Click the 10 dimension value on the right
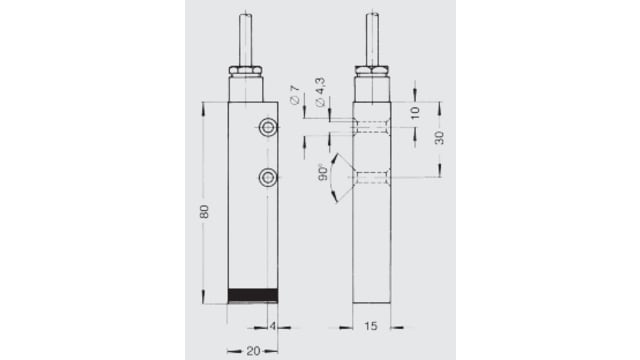[x=415, y=111]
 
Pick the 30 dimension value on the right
[x=440, y=139]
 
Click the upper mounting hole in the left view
[x=267, y=127]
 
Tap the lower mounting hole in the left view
[x=267, y=178]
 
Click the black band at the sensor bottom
[x=252, y=295]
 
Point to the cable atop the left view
[x=245, y=38]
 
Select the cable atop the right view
[x=372, y=38]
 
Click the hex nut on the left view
[x=245, y=70]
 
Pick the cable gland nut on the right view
[x=372, y=70]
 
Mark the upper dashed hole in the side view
[x=372, y=127]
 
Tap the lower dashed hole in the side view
[x=372, y=178]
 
